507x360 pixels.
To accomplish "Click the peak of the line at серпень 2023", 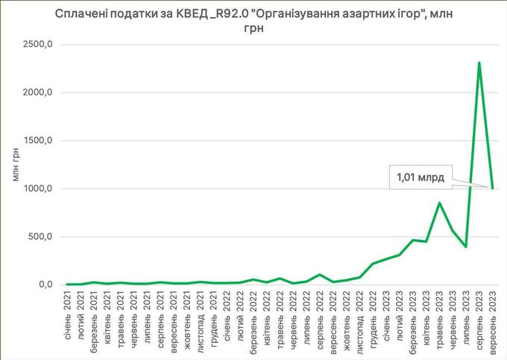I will pyautogui.click(x=479, y=63).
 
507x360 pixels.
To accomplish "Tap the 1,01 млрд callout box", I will pyautogui.click(x=421, y=178).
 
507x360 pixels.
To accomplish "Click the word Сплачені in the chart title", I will pyautogui.click(x=80, y=13).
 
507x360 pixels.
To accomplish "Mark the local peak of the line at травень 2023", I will pyautogui.click(x=440, y=203).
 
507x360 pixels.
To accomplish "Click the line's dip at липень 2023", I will pyautogui.click(x=466, y=246).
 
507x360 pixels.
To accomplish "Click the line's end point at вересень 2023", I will pyautogui.click(x=492, y=188).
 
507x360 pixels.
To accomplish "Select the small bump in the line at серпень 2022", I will pyautogui.click(x=321, y=274).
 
